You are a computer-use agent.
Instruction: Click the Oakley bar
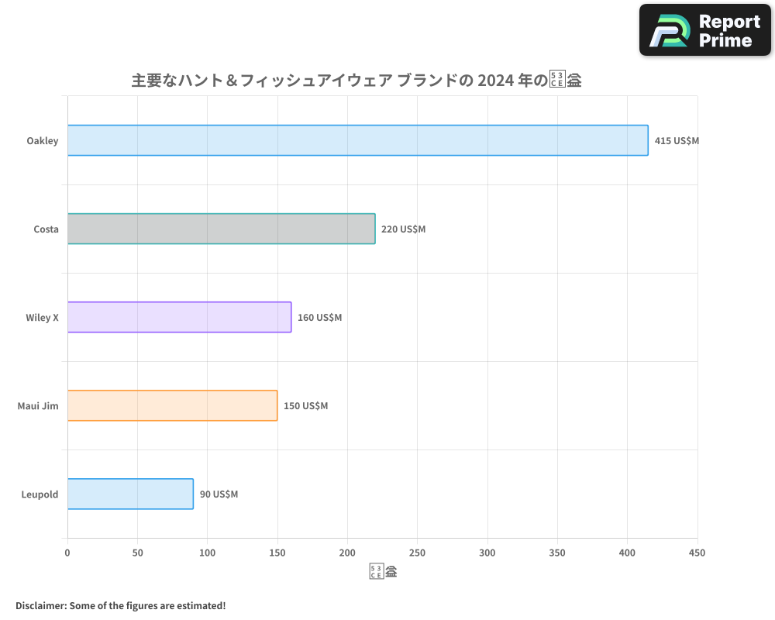point(357,140)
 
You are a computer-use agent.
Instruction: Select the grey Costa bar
point(221,229)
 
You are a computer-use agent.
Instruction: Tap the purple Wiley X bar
point(179,317)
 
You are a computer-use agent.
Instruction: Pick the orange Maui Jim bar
point(172,405)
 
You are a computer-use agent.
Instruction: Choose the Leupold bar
point(130,494)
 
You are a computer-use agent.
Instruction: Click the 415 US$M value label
point(677,141)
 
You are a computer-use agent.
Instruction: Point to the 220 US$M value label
point(403,229)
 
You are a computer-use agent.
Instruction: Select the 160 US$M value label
point(319,318)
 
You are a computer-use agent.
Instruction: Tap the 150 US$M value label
point(305,406)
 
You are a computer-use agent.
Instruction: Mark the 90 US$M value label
point(219,494)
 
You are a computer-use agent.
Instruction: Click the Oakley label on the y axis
point(43,141)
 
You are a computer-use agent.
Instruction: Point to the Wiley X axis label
point(43,318)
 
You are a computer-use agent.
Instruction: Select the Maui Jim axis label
point(38,406)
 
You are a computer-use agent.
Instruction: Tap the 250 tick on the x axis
point(418,553)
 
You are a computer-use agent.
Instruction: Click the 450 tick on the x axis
point(697,553)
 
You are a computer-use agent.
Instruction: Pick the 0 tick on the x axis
point(67,553)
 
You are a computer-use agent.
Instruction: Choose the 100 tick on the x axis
point(208,553)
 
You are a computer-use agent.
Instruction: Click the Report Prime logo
point(705,30)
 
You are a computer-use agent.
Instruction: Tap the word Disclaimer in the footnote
point(40,605)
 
